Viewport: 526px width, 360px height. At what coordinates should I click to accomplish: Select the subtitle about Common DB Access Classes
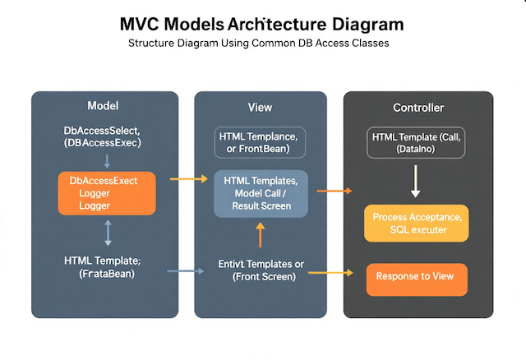[261, 44]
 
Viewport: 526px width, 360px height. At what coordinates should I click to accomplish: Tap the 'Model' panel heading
[103, 107]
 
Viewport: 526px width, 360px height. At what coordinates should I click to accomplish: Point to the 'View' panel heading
[260, 108]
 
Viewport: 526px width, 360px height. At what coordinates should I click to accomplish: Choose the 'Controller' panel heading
[418, 108]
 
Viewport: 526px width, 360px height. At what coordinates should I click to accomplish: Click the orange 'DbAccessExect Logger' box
[106, 193]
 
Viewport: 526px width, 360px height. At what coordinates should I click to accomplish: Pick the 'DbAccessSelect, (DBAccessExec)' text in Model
[103, 136]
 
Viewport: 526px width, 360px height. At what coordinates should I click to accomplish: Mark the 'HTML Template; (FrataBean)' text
[103, 267]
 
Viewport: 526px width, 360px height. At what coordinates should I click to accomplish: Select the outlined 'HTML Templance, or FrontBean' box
[260, 141]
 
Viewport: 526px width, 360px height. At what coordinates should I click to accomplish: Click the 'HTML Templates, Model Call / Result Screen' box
[261, 193]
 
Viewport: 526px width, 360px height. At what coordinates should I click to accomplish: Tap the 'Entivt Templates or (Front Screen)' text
[261, 270]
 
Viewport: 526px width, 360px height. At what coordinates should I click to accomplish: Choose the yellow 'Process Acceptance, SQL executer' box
[416, 224]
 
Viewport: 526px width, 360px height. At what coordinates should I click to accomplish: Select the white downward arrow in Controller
[415, 181]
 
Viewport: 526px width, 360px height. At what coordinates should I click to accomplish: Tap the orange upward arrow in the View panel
[261, 235]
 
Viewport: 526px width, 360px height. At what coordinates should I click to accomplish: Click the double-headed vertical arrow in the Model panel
[108, 232]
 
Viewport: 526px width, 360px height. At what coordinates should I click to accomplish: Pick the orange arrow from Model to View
[187, 178]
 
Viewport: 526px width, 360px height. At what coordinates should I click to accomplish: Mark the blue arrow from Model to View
[185, 270]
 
